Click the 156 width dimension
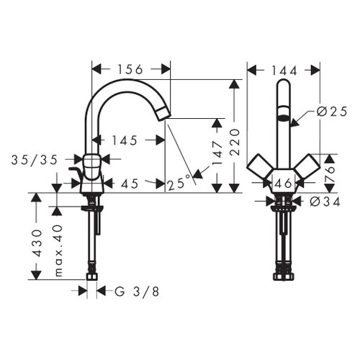(130, 69)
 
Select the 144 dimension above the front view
(284, 69)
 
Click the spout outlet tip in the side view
(164, 112)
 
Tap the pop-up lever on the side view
(73, 171)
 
